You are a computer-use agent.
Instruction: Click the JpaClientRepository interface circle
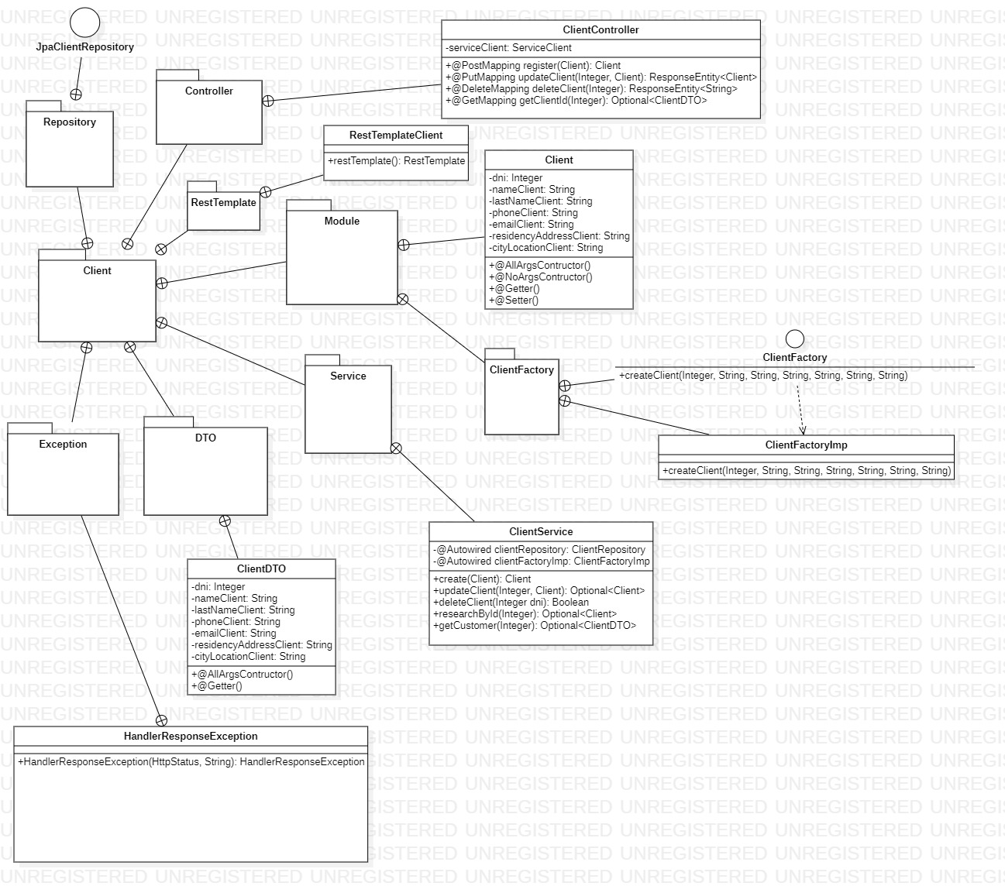coord(85,22)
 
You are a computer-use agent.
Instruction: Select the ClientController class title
coord(601,30)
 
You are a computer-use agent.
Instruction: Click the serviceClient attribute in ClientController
coord(510,48)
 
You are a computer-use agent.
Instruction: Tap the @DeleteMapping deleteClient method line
coord(591,89)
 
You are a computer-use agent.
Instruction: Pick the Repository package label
coord(70,122)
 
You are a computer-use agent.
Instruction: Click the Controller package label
coord(209,91)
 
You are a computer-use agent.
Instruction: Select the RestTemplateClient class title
coord(396,136)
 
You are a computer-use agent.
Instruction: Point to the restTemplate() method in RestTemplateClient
coord(396,161)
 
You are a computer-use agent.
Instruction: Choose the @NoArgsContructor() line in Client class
coord(541,277)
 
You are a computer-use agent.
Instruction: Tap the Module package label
coord(342,222)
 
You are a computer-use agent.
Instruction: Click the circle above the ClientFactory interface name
coord(795,338)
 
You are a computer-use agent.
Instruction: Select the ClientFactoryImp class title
coord(806,445)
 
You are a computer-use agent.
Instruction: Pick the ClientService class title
coord(541,532)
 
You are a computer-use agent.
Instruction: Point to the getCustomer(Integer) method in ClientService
coord(535,626)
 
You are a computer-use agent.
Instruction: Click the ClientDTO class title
coord(261,569)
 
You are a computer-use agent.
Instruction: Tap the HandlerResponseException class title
coord(191,737)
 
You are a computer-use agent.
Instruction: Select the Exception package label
coord(64,445)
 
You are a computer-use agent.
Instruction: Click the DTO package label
coord(205,438)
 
